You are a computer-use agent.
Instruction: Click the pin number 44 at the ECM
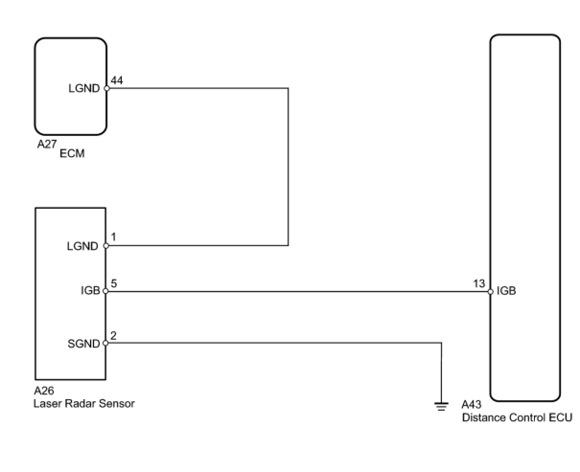(116, 80)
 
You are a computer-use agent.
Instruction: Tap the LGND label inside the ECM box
(84, 88)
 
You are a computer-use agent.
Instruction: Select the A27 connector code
(47, 144)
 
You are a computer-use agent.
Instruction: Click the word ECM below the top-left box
(72, 154)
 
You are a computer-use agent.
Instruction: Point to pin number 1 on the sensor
(113, 237)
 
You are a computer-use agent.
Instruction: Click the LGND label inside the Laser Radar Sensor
(82, 246)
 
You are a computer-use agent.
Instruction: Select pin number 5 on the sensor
(114, 283)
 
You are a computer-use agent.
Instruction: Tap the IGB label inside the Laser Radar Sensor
(90, 291)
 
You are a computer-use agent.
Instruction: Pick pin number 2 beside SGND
(113, 335)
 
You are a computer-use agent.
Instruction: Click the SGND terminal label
(83, 344)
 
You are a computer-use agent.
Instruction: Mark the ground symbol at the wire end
(441, 406)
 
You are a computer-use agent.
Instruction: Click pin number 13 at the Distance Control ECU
(479, 283)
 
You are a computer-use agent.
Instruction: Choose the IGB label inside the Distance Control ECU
(506, 291)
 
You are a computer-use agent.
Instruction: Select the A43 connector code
(471, 405)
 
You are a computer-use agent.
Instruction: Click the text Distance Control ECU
(517, 417)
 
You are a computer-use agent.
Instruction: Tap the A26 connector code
(44, 391)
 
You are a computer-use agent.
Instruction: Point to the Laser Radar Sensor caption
(84, 403)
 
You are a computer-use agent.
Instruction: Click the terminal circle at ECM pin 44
(106, 88)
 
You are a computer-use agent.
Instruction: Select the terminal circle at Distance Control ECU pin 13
(490, 291)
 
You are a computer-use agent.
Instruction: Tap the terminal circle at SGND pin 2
(105, 343)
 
